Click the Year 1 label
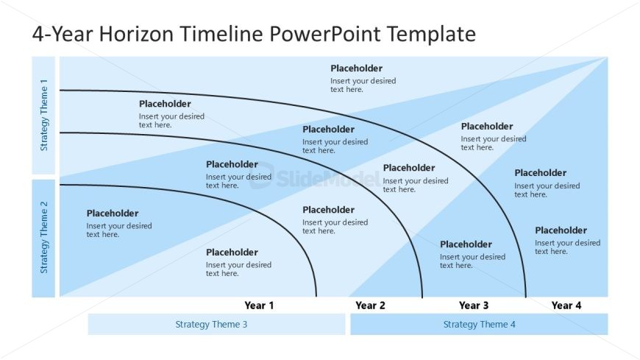[x=259, y=305]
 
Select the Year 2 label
[x=370, y=305]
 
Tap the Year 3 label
[x=474, y=305]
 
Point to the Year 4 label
[x=566, y=305]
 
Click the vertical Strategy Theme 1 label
[x=44, y=115]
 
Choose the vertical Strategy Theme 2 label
[x=44, y=237]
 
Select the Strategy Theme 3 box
[x=216, y=324]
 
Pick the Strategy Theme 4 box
[x=479, y=324]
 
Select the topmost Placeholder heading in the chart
[x=356, y=68]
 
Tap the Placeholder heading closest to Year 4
[x=561, y=230]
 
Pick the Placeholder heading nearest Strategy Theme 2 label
[x=113, y=213]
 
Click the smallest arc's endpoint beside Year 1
[x=316, y=296]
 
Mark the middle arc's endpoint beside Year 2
[x=422, y=296]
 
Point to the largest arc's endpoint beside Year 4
[x=526, y=296]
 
